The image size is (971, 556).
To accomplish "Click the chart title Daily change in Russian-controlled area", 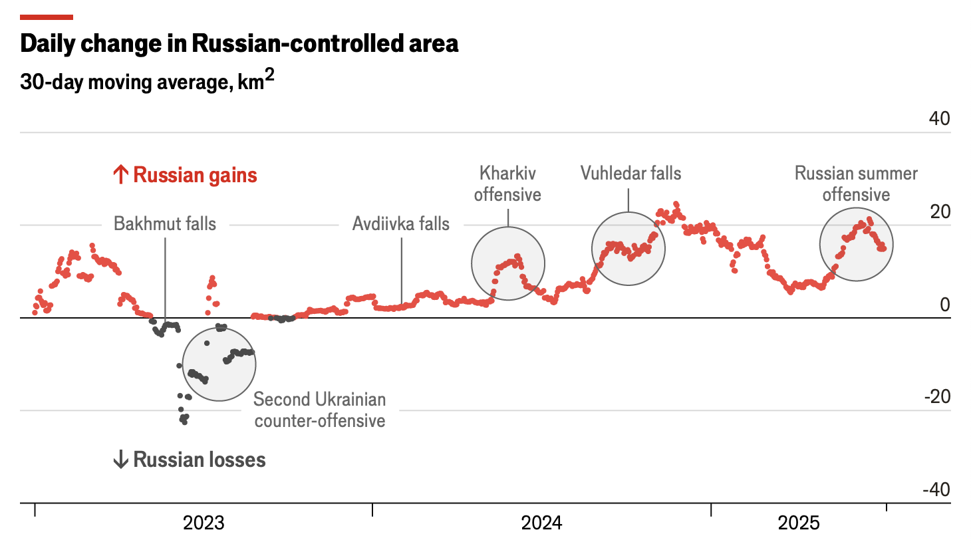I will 239,44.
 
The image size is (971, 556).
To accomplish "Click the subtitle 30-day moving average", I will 147,81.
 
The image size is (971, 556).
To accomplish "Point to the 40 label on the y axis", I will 939,118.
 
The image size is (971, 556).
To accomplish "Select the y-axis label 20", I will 939,211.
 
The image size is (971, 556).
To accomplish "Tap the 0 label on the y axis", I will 944,305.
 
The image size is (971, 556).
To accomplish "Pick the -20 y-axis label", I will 937,396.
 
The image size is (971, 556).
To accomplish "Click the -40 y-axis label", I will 936,489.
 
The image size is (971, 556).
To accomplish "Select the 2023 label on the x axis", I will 204,523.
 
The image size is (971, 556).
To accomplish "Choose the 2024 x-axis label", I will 541,523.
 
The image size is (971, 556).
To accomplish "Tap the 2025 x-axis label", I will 799,523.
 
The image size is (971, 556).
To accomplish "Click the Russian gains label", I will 195,176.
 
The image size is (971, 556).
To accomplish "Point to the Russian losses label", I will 199,460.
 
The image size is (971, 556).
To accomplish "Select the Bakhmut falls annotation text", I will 165,223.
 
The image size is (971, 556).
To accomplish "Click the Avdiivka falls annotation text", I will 401,223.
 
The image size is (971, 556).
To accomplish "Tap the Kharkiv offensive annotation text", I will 507,184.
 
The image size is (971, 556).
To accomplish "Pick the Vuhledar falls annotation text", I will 630,174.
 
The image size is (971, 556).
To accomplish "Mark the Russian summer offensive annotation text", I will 856,184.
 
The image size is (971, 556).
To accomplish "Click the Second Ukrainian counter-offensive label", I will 320,410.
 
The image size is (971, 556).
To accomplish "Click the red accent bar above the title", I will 47,17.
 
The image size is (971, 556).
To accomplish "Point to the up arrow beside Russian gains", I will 120,176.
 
